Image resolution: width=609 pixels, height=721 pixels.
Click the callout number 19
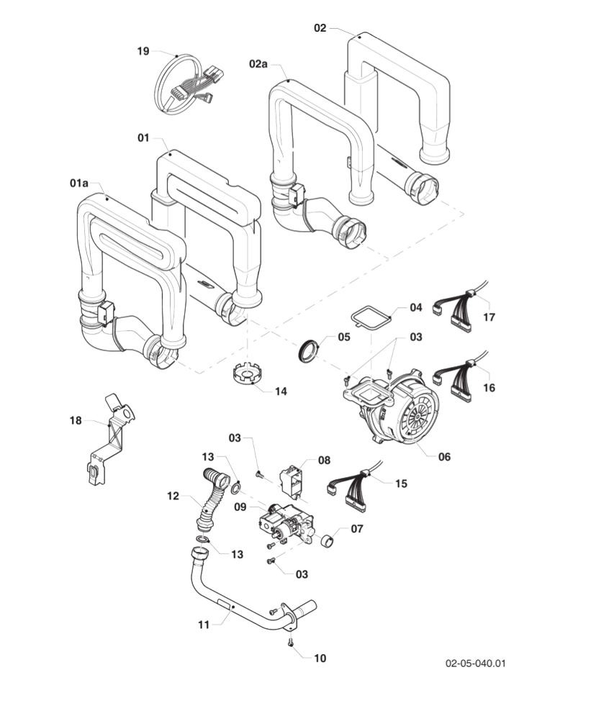tap(143, 51)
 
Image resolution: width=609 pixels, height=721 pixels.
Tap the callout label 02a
tap(258, 64)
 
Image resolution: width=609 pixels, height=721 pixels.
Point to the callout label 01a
tap(79, 183)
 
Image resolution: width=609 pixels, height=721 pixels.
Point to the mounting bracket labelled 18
tap(108, 439)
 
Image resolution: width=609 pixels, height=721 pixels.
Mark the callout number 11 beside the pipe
tap(204, 625)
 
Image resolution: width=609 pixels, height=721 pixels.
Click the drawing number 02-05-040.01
tap(475, 663)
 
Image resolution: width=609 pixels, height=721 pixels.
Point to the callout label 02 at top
tap(320, 28)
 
